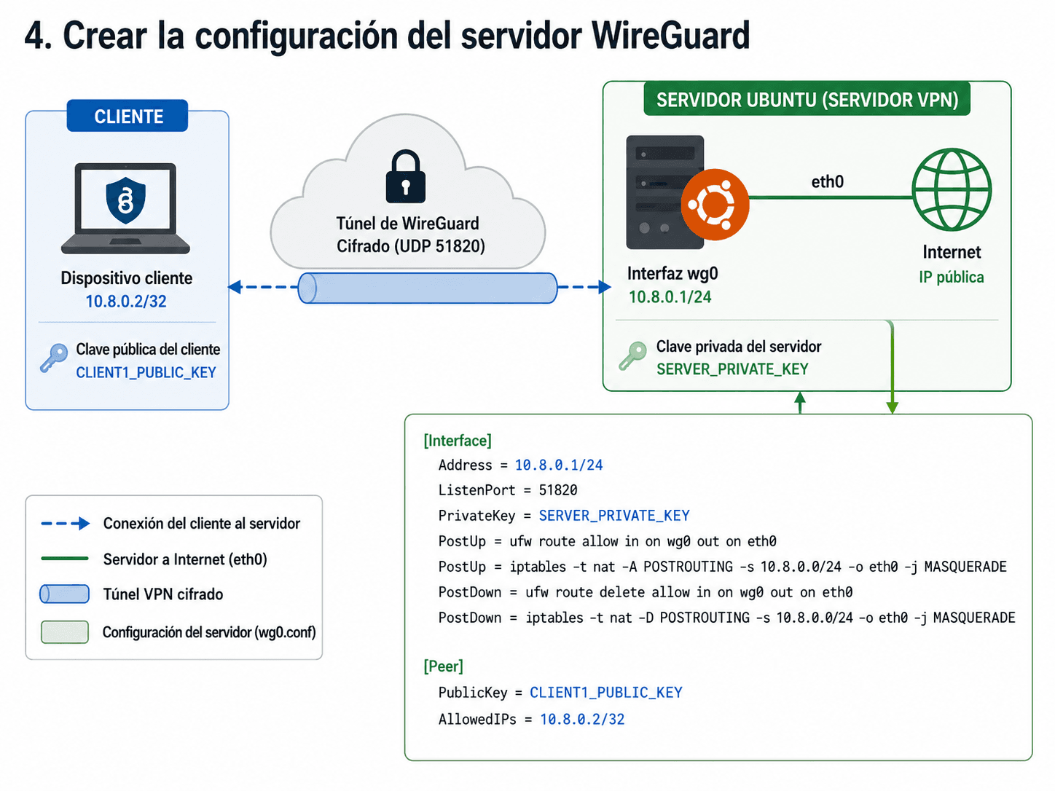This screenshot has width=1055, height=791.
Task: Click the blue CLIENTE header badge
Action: (128, 116)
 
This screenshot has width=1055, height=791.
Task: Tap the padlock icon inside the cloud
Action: (406, 176)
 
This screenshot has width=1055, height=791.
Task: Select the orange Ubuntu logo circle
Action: (715, 205)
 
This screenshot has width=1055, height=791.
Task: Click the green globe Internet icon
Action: (952, 189)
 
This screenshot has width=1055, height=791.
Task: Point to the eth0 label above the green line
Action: (827, 181)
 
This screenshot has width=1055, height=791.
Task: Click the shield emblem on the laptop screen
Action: (125, 200)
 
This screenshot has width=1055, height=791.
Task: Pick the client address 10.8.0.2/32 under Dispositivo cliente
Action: (126, 301)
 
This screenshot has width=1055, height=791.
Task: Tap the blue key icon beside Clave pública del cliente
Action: (54, 358)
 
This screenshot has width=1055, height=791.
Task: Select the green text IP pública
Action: (952, 277)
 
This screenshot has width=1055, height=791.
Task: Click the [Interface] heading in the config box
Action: (458, 441)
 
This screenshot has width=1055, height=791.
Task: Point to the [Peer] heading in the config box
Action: (443, 666)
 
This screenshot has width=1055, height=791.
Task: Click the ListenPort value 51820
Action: (558, 490)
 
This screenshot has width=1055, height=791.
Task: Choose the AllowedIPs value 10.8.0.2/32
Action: (582, 719)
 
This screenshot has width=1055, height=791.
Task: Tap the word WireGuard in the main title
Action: (670, 35)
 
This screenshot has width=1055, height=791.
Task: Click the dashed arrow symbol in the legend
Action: (66, 523)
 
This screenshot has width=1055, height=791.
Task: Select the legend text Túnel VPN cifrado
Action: (163, 594)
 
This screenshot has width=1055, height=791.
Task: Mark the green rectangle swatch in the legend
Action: (65, 632)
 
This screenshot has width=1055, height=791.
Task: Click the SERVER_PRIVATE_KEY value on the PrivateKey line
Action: (614, 516)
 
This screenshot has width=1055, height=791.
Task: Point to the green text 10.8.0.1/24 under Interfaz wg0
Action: (670, 296)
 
